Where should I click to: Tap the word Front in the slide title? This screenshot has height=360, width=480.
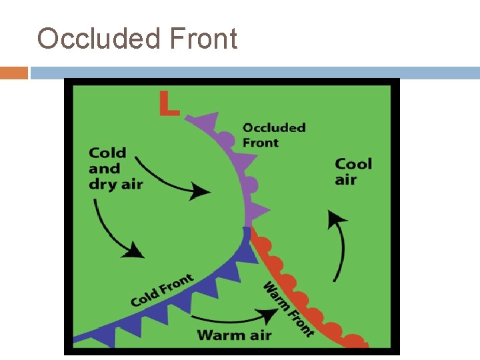203,39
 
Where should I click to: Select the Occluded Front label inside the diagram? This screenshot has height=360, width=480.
274,135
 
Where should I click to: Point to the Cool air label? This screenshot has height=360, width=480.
353,171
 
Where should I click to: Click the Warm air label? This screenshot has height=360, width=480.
234,334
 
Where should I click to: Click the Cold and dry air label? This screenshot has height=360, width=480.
115,169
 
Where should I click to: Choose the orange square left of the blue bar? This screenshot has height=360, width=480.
14,73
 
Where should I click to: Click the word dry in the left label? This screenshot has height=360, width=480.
103,184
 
